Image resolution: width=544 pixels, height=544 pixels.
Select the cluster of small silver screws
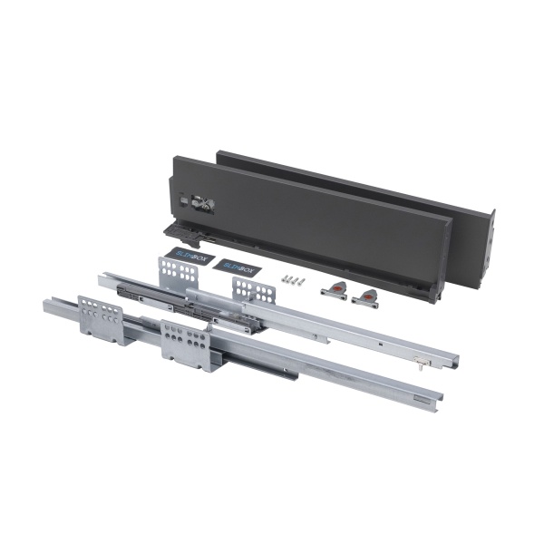coord(289,280)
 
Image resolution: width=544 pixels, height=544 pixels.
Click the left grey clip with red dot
coord(333,290)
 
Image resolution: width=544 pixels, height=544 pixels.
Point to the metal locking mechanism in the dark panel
coord(197,205)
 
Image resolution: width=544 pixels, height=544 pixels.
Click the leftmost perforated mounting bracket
coord(100,318)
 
